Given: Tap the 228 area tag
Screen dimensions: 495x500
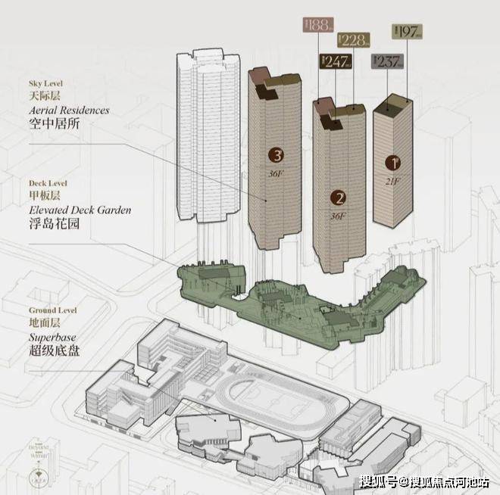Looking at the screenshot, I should [x=354, y=40].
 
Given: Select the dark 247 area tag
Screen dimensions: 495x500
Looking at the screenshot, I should [x=334, y=61].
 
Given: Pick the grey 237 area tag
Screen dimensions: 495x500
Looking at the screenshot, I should [x=386, y=62].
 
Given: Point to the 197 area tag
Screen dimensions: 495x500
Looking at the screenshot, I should [x=408, y=31].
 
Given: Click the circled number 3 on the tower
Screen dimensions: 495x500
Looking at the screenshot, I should [x=278, y=156].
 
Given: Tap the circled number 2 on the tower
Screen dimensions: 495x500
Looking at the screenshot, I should [x=340, y=198].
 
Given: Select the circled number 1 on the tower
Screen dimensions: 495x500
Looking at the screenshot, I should [x=392, y=162].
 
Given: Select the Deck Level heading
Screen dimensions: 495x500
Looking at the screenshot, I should [x=47, y=183].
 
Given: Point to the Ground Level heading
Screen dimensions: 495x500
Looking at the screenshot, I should [x=52, y=310].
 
